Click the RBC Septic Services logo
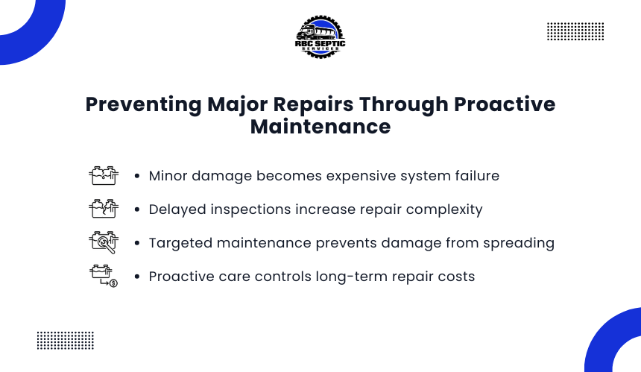pyautogui.click(x=320, y=37)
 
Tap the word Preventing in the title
pyautogui.click(x=144, y=104)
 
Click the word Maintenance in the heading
pyautogui.click(x=320, y=127)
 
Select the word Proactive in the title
pyautogui.click(x=505, y=104)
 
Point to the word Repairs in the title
pyautogui.click(x=313, y=104)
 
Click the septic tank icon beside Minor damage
pyautogui.click(x=104, y=176)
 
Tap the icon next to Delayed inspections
pyautogui.click(x=104, y=209)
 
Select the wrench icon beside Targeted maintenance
pyautogui.click(x=104, y=242)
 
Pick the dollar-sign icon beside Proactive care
pyautogui.click(x=104, y=276)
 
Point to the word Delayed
pyautogui.click(x=177, y=210)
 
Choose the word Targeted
pyautogui.click(x=180, y=244)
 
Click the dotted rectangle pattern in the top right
pyautogui.click(x=575, y=31)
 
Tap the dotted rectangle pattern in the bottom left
pyautogui.click(x=66, y=341)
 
